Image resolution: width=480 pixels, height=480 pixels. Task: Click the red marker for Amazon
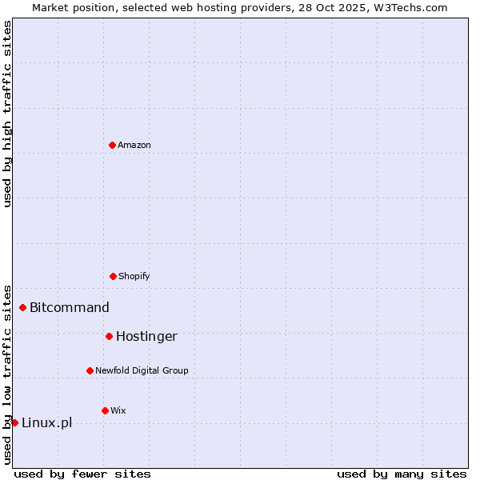tap(112, 145)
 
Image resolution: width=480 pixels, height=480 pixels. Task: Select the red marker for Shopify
tap(113, 276)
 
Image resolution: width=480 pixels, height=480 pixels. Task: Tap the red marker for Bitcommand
tap(22, 307)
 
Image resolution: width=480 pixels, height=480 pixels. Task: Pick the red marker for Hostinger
tap(109, 336)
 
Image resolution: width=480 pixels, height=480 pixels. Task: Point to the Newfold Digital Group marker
tap(90, 370)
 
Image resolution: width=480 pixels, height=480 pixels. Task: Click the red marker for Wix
tap(105, 410)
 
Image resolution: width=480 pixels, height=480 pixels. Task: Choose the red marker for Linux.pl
tap(14, 422)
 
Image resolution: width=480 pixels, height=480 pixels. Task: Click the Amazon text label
tap(134, 145)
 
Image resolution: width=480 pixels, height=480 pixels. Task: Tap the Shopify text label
tap(134, 276)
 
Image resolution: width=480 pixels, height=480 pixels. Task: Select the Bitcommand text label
tap(70, 307)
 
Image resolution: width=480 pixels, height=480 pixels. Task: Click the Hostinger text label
tap(146, 336)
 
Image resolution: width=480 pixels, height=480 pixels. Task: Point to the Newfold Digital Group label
tap(142, 370)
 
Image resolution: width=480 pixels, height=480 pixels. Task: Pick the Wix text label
tap(118, 410)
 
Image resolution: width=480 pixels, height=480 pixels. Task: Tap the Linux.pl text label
tap(46, 422)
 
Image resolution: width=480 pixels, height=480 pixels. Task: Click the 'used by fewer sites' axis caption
tap(82, 474)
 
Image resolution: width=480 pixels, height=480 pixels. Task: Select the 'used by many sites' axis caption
tap(402, 474)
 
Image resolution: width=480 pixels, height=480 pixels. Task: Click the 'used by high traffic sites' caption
tap(7, 114)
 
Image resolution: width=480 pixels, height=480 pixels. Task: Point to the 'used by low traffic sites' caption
tap(7, 374)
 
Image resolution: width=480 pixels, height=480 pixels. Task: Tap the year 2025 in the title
tap(354, 7)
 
